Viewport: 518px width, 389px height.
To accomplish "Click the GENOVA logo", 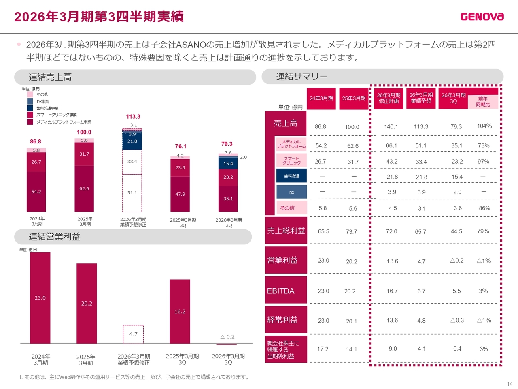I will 482,17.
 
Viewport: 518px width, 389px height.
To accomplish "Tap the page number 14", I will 510,384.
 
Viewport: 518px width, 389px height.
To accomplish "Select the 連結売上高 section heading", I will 50,77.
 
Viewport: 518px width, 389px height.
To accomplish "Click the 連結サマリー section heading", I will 302,77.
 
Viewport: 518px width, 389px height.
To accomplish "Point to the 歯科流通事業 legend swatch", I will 30,108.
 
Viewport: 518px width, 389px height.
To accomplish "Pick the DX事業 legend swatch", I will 30,101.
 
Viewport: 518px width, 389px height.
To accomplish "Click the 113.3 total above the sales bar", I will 133,117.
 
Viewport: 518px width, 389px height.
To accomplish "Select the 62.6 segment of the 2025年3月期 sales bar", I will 84,189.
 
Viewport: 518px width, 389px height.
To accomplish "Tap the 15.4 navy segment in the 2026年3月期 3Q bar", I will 228,163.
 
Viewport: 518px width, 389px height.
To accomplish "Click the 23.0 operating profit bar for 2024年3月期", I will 40,298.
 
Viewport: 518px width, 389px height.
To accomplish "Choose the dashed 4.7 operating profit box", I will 134,334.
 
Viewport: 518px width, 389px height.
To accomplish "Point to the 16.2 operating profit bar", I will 180,311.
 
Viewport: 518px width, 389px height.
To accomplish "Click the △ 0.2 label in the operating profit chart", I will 227,337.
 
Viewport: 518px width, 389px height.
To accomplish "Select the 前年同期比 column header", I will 483,102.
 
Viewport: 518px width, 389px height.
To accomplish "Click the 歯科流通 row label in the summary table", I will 292,176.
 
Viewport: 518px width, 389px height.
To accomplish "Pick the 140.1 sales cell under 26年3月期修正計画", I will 391,127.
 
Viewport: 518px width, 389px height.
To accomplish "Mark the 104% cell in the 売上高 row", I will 484,126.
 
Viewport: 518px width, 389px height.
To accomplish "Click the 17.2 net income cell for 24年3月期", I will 323,349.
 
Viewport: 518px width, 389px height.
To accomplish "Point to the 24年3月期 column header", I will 321,98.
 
